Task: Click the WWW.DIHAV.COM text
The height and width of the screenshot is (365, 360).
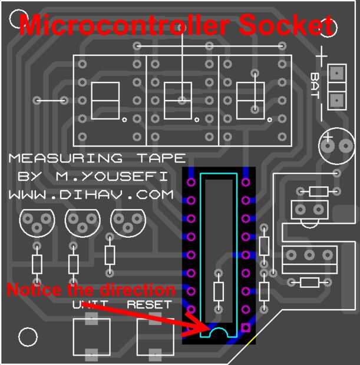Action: (91, 194)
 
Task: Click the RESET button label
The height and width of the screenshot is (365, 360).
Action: (150, 305)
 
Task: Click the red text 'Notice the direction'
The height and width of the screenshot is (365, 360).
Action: (91, 290)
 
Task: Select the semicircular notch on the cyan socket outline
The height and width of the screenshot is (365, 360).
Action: (219, 334)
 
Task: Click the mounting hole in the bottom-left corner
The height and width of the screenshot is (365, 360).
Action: (27, 337)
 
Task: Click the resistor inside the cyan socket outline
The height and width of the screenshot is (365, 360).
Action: (219, 291)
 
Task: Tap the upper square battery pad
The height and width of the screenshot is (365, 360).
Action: (336, 74)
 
